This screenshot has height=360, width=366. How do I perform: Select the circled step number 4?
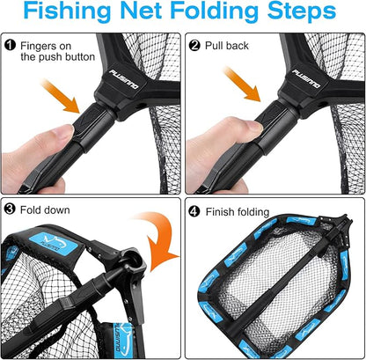[193, 212]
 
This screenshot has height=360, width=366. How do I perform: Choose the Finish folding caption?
[240, 212]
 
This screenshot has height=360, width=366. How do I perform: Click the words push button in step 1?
[64, 57]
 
